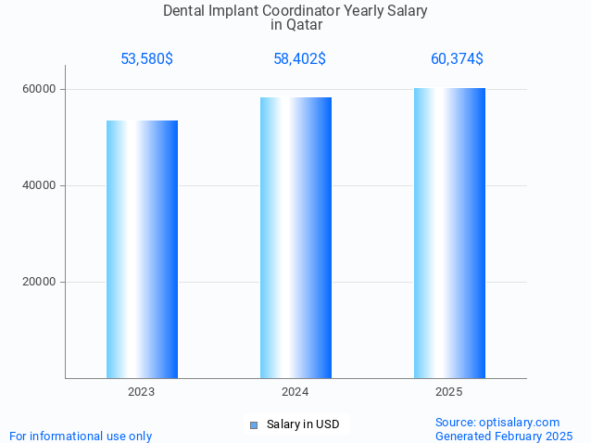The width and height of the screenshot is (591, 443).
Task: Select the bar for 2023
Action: (142, 249)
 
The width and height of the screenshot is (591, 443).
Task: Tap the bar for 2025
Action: (449, 233)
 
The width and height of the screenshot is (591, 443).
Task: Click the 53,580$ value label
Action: (146, 59)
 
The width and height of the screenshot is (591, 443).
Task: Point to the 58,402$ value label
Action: (299, 59)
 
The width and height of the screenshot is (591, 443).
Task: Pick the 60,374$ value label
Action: (457, 59)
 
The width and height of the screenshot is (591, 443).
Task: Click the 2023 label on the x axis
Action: (142, 393)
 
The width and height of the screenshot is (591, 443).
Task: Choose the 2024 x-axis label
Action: (295, 393)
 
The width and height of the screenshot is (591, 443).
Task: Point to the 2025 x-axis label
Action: (449, 393)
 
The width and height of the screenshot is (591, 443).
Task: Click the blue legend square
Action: (253, 425)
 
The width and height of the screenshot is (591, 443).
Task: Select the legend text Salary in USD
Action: (302, 424)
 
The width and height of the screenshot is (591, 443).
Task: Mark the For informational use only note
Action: (81, 436)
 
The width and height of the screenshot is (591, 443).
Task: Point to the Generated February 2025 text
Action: (504, 436)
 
